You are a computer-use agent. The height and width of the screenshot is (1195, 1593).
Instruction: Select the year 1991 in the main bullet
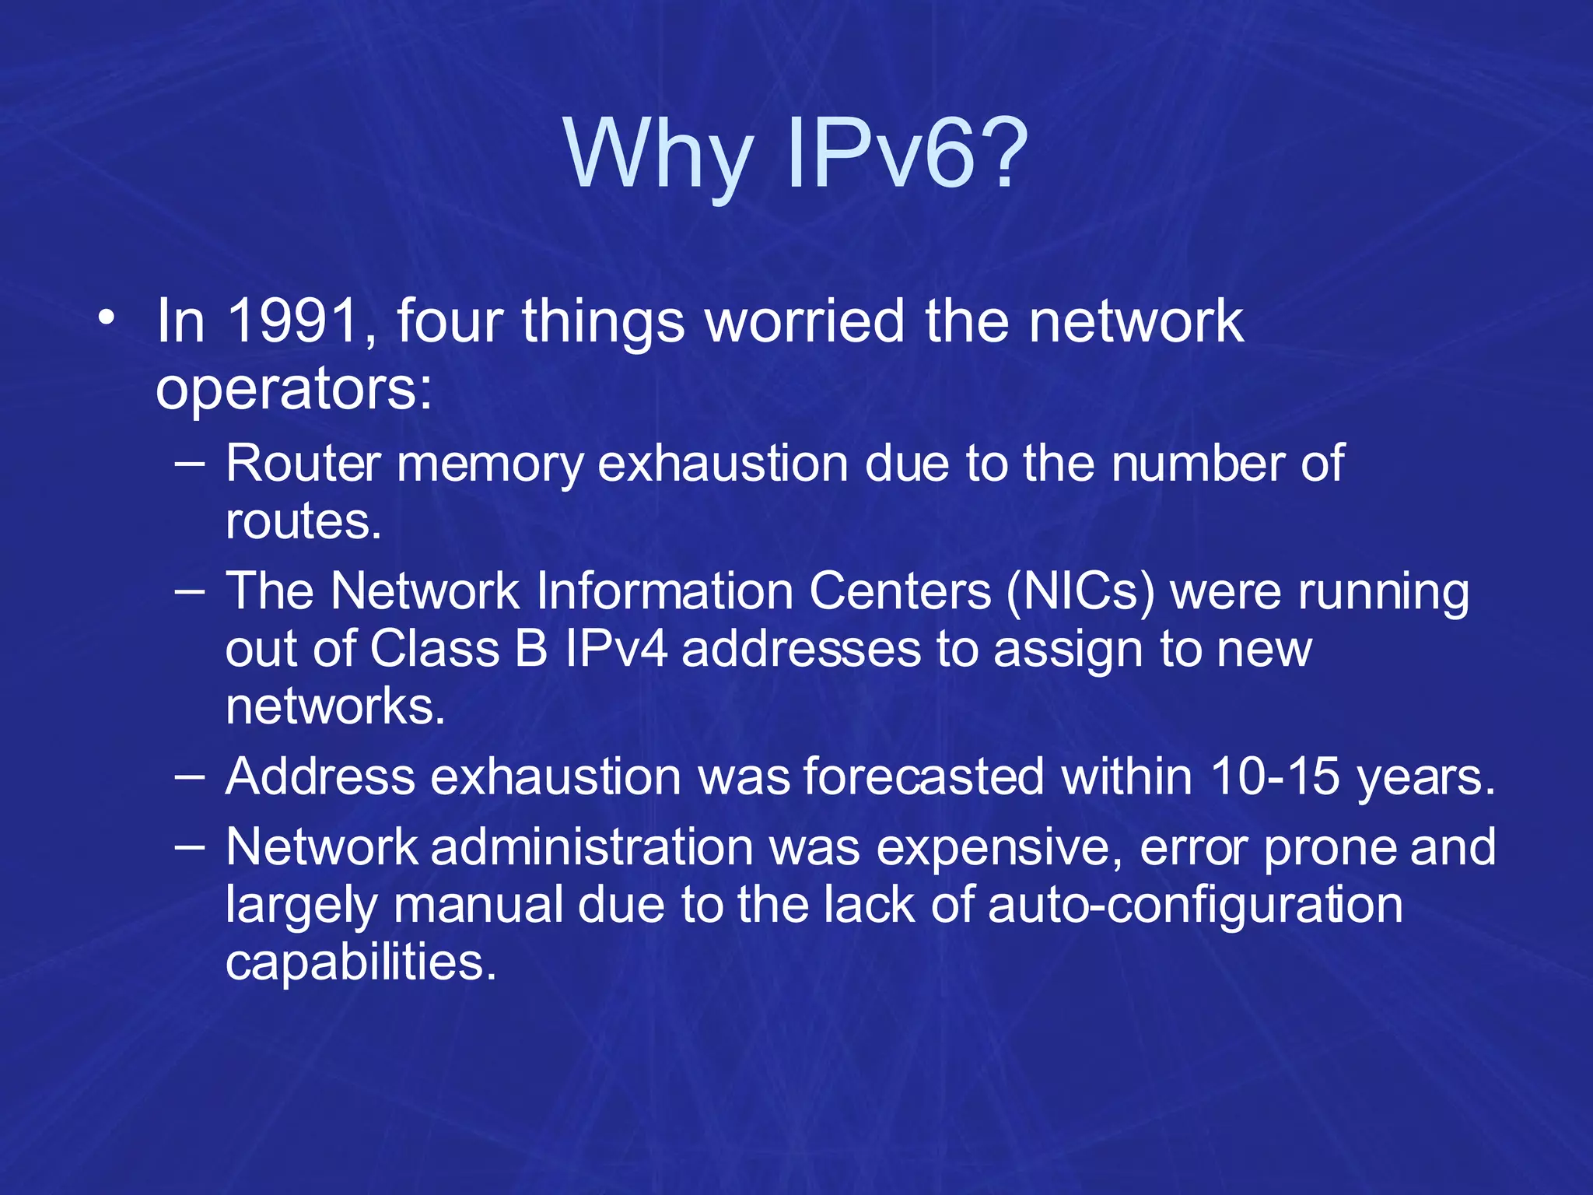(293, 321)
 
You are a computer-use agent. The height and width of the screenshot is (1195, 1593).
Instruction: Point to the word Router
(303, 464)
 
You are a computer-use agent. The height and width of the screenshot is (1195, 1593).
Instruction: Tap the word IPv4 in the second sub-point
(616, 649)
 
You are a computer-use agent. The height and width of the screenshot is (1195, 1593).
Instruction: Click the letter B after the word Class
(531, 649)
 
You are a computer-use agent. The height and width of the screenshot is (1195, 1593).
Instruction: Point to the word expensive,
(1000, 847)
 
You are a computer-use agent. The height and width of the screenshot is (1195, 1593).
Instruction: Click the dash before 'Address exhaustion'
(190, 776)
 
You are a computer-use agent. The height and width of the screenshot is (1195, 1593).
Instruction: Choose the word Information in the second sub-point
(664, 591)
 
